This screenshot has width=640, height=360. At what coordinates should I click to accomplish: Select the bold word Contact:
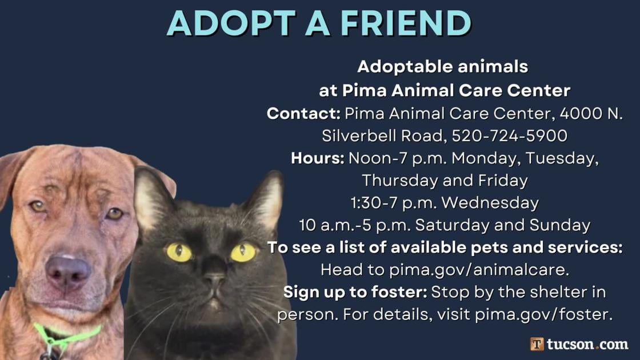point(303,113)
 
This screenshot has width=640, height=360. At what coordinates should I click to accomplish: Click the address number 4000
point(579,113)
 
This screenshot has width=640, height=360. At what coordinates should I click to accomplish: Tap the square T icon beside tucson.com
point(537,344)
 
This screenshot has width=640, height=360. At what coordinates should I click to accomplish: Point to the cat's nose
point(214,279)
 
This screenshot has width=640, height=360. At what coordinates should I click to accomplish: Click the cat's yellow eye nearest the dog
point(179,252)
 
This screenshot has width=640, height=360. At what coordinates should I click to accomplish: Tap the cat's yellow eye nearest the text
point(243,252)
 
